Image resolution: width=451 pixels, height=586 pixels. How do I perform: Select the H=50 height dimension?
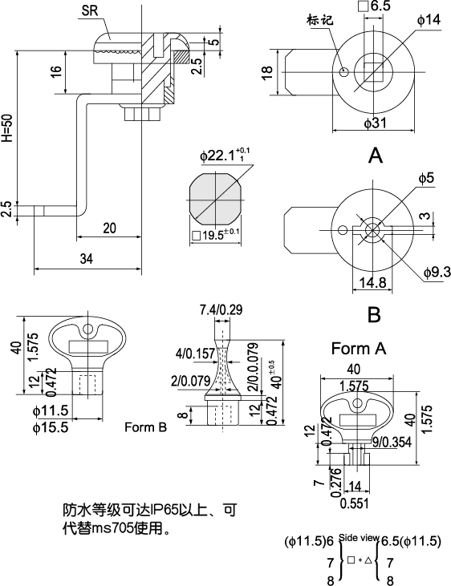(x=7, y=128)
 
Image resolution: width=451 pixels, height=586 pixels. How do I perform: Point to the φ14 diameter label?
(x=428, y=19)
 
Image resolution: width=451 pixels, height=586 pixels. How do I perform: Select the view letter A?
(x=375, y=156)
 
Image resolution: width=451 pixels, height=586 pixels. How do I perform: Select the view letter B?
(x=374, y=315)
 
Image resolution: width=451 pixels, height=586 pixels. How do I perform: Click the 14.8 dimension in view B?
(x=372, y=283)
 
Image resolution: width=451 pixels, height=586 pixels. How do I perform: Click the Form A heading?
(x=359, y=349)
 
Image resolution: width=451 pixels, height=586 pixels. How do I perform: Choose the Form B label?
(x=145, y=427)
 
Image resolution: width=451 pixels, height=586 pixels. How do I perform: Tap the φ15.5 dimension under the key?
(x=51, y=427)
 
